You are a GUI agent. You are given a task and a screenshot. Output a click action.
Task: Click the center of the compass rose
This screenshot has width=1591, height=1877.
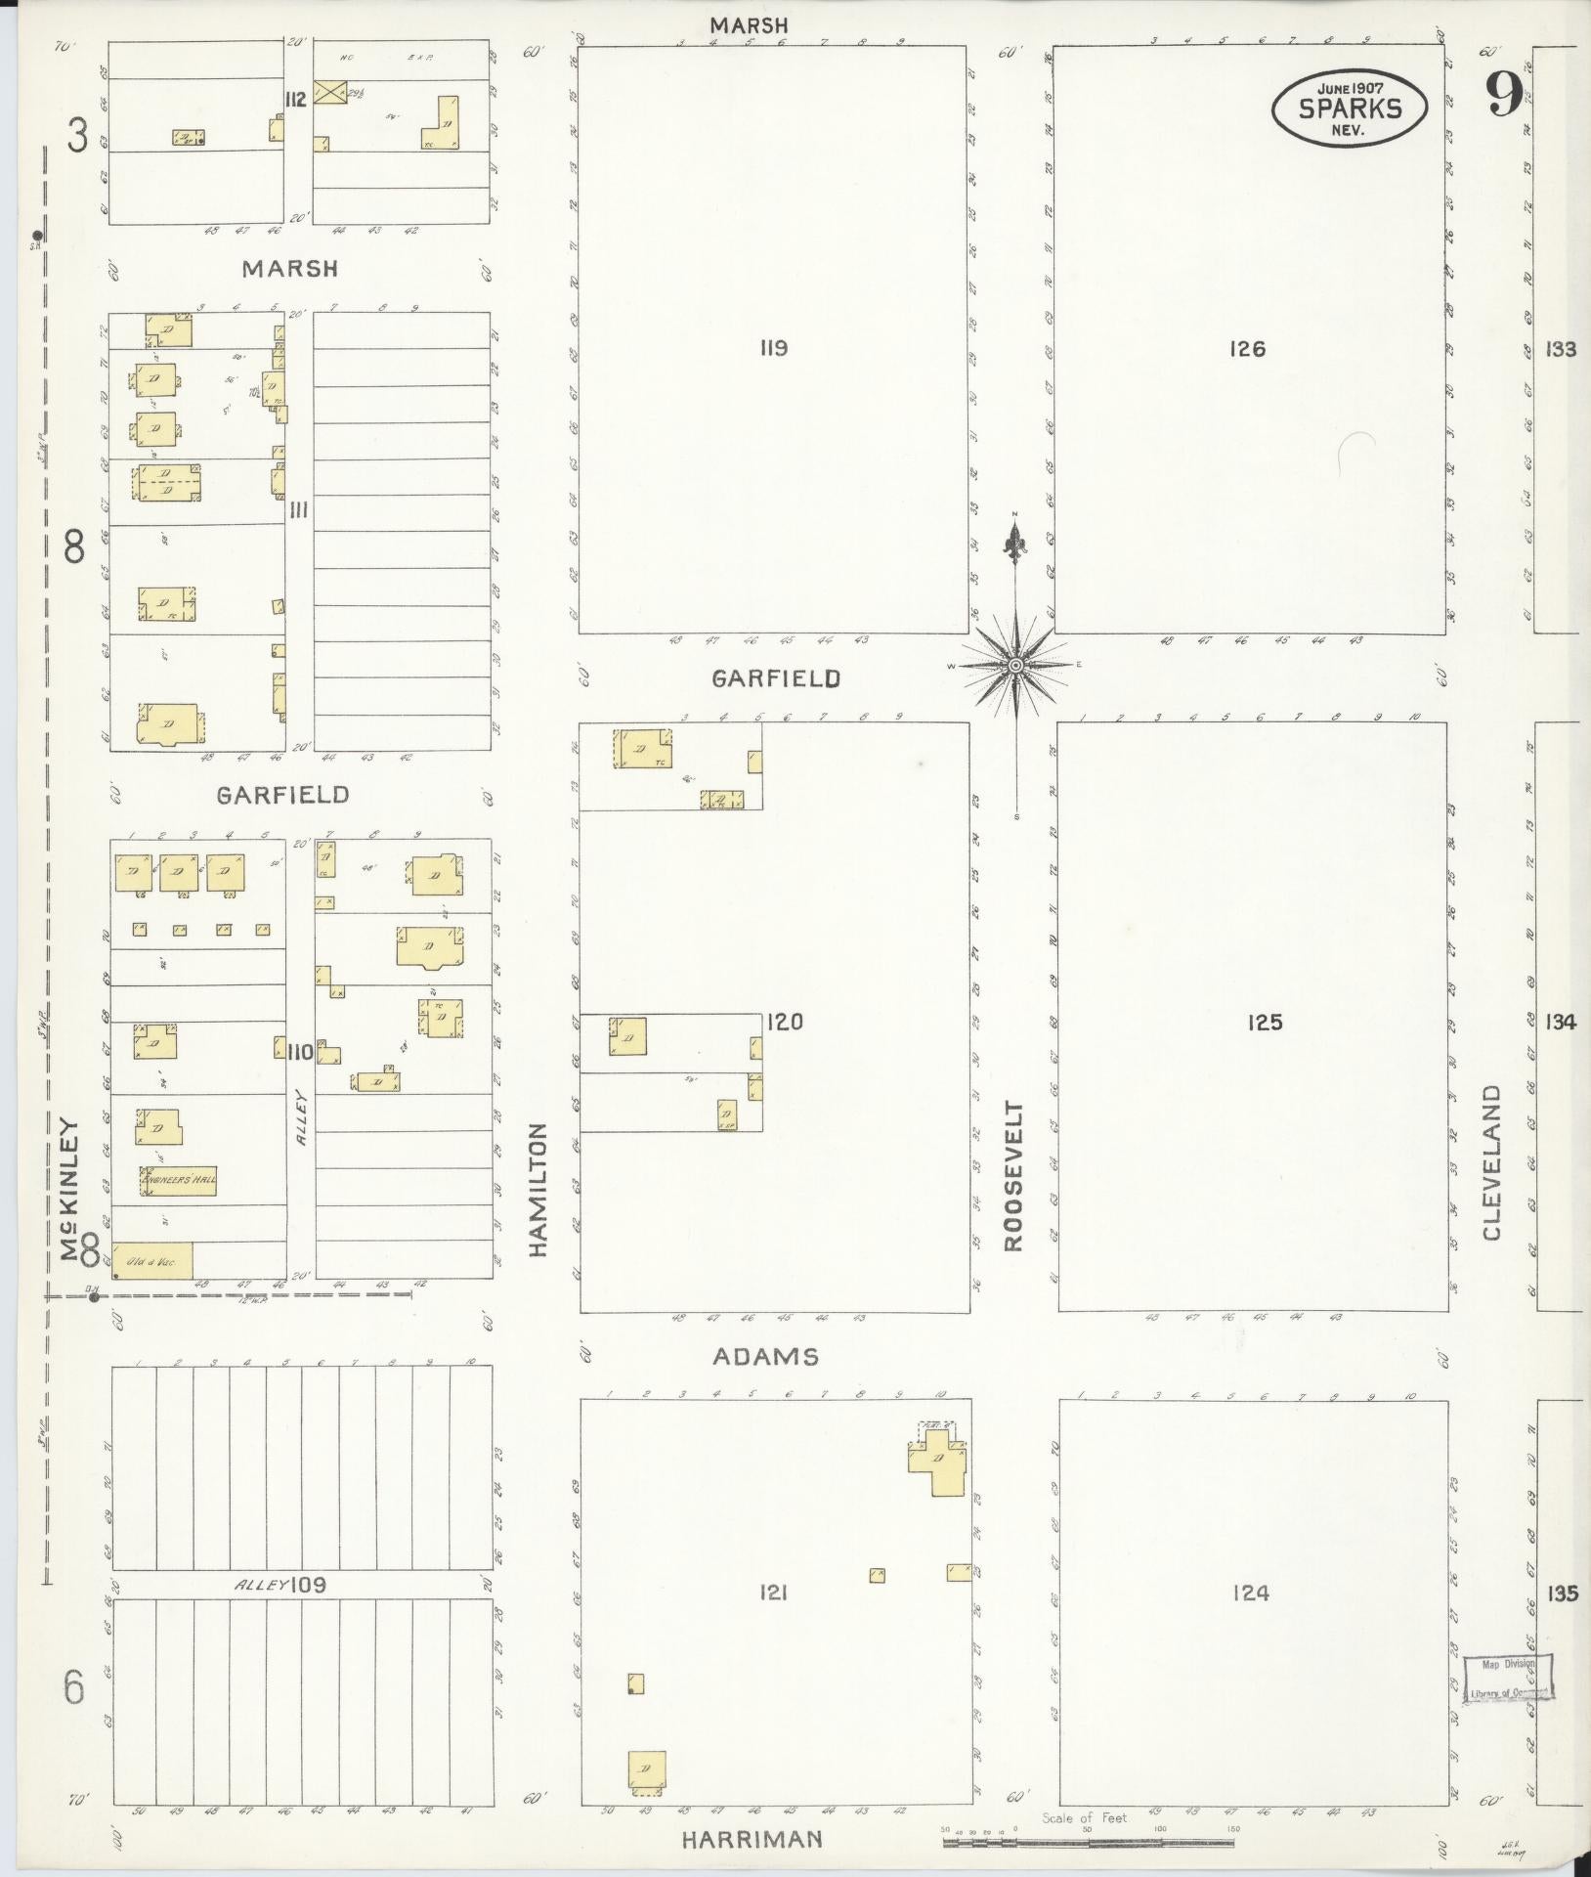[1016, 666]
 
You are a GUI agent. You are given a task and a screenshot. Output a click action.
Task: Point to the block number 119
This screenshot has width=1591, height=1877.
[773, 348]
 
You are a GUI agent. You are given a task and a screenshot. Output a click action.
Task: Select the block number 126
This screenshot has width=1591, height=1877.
[1248, 348]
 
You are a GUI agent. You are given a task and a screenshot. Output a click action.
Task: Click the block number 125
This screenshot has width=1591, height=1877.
[1264, 1023]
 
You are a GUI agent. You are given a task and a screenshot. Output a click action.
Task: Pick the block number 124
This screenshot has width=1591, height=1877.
[1250, 1593]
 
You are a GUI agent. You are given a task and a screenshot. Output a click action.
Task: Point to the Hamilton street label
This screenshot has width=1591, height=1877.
[539, 1189]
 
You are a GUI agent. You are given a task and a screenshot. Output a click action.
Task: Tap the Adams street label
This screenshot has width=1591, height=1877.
[765, 1356]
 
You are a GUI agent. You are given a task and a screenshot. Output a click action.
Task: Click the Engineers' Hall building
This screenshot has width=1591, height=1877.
[179, 1180]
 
